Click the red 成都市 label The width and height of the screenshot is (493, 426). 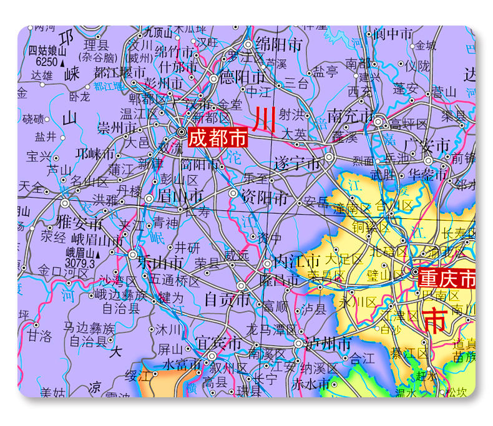217,137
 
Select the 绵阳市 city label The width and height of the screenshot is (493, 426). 278,46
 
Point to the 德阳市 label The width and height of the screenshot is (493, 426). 241,78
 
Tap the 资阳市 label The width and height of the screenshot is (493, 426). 265,198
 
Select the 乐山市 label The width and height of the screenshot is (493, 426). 160,262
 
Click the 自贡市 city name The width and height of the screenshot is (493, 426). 227,299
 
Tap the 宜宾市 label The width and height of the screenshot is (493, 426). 218,344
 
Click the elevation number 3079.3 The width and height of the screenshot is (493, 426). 80,264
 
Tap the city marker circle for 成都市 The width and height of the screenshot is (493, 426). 181,132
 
